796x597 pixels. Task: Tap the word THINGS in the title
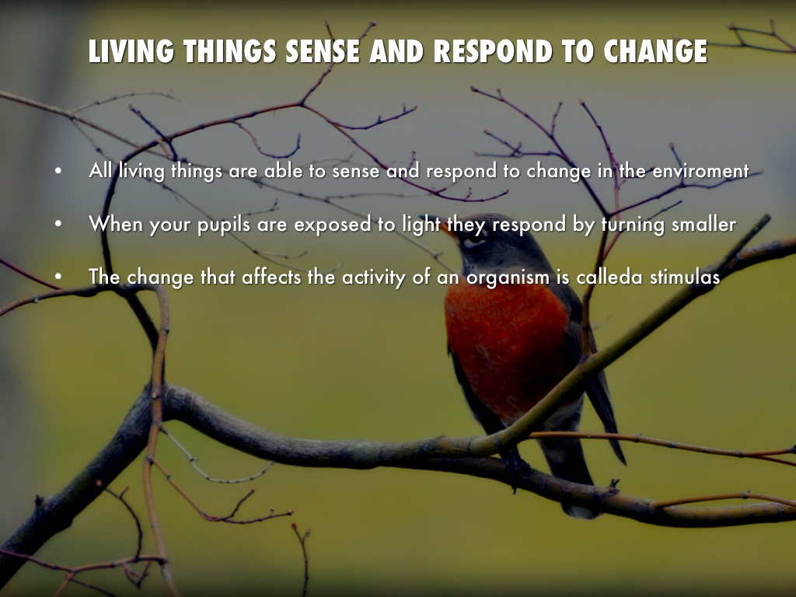tap(230, 51)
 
